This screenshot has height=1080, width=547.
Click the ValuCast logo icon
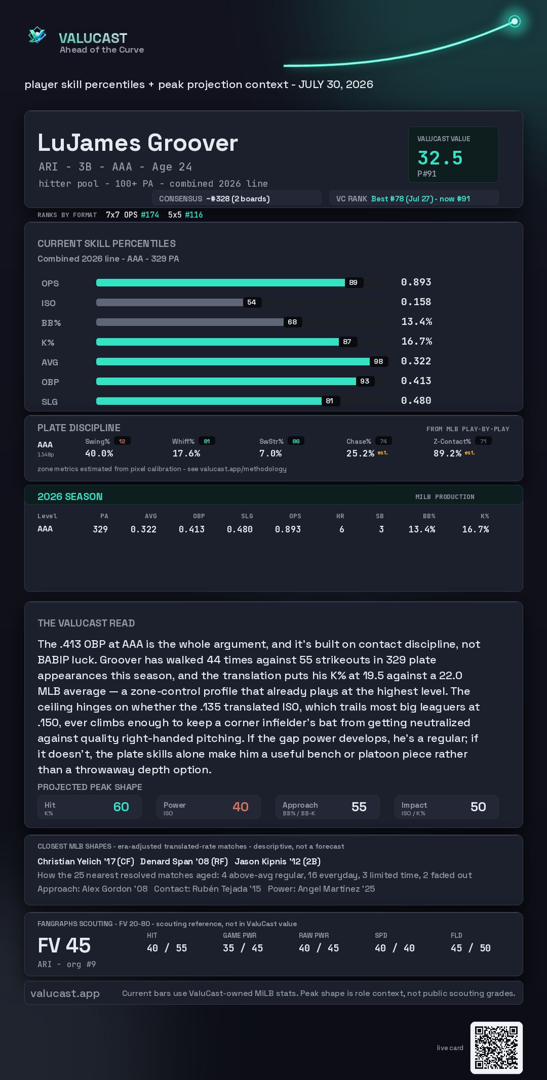37,35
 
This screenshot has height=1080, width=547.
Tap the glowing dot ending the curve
515,21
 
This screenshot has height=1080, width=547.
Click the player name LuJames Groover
138,143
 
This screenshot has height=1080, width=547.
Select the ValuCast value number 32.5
440,158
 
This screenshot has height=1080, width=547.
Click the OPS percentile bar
220,282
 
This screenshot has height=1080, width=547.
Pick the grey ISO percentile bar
169,302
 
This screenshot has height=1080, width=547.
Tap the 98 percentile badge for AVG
378,361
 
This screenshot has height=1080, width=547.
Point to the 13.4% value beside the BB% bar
417,321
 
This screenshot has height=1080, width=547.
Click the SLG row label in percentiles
50,402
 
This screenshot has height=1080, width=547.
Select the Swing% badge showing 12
122,441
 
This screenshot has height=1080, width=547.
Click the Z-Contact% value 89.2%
447,453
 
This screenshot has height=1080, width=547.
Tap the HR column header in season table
340,516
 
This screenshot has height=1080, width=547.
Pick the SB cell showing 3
381,529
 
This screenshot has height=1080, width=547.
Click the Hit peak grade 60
121,807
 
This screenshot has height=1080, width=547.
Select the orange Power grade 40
241,807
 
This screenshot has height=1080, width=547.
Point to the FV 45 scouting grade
64,945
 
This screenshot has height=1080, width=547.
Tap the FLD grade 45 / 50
471,948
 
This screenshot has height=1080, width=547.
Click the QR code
496,1048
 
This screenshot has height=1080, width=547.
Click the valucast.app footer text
65,993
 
